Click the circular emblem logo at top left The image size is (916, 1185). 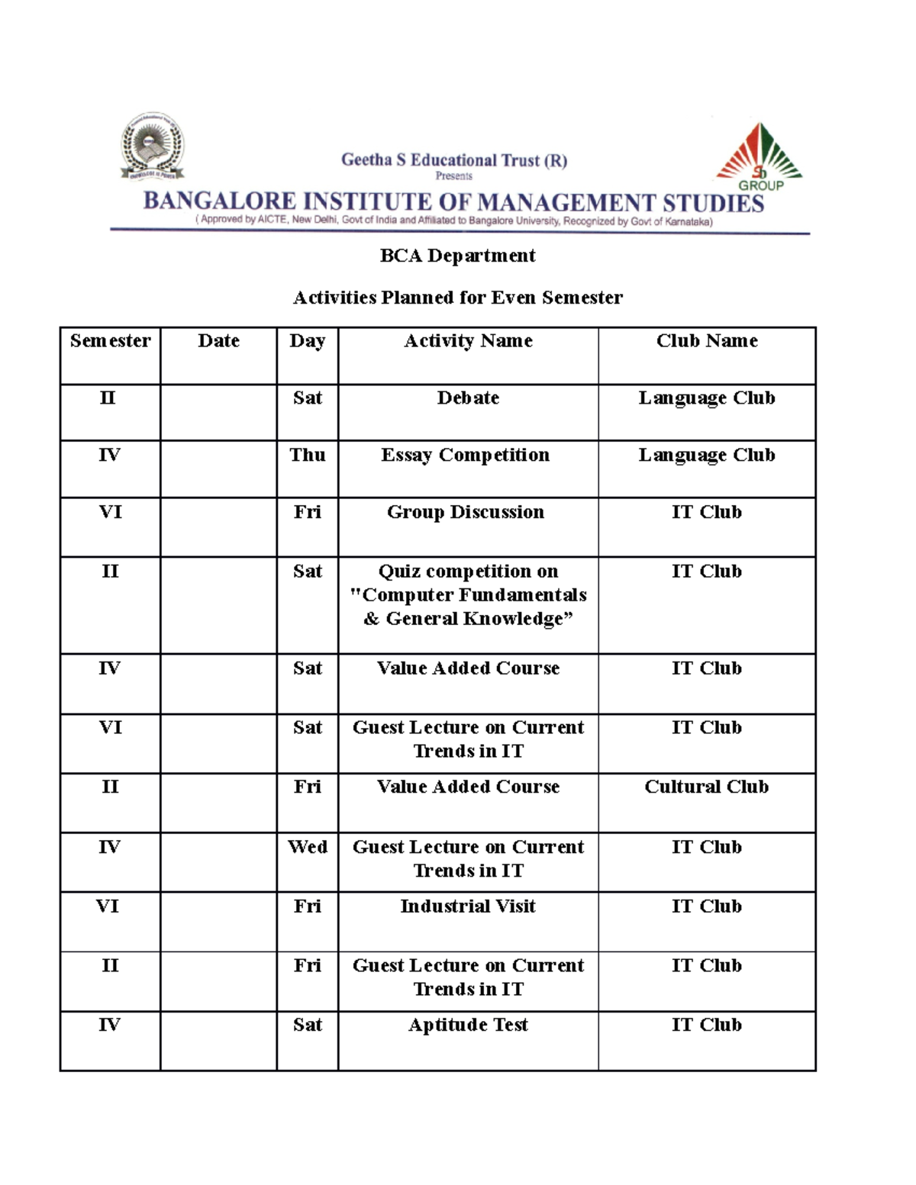tap(152, 147)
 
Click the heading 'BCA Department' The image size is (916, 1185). tap(457, 256)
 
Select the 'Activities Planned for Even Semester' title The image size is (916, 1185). tap(457, 298)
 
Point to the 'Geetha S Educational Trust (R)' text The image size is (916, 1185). tap(453, 160)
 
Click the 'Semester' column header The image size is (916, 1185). tap(110, 341)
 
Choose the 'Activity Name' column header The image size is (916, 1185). tap(468, 341)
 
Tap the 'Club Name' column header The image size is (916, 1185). tap(707, 341)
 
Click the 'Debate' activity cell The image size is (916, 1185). tap(468, 398)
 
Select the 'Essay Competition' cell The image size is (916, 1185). tap(465, 456)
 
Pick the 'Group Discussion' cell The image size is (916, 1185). tap(466, 512)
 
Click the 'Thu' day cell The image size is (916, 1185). tap(307, 456)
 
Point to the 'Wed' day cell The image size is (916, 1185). tap(307, 847)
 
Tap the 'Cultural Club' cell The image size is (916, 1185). tap(706, 787)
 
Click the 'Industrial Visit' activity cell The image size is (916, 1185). tap(468, 906)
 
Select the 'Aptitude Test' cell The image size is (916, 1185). tap(468, 1025)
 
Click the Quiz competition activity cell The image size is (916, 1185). tap(468, 595)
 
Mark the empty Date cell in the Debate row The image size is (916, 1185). tap(218, 412)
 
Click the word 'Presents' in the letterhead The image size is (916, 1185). tap(453, 176)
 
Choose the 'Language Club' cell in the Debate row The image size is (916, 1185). tap(707, 398)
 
